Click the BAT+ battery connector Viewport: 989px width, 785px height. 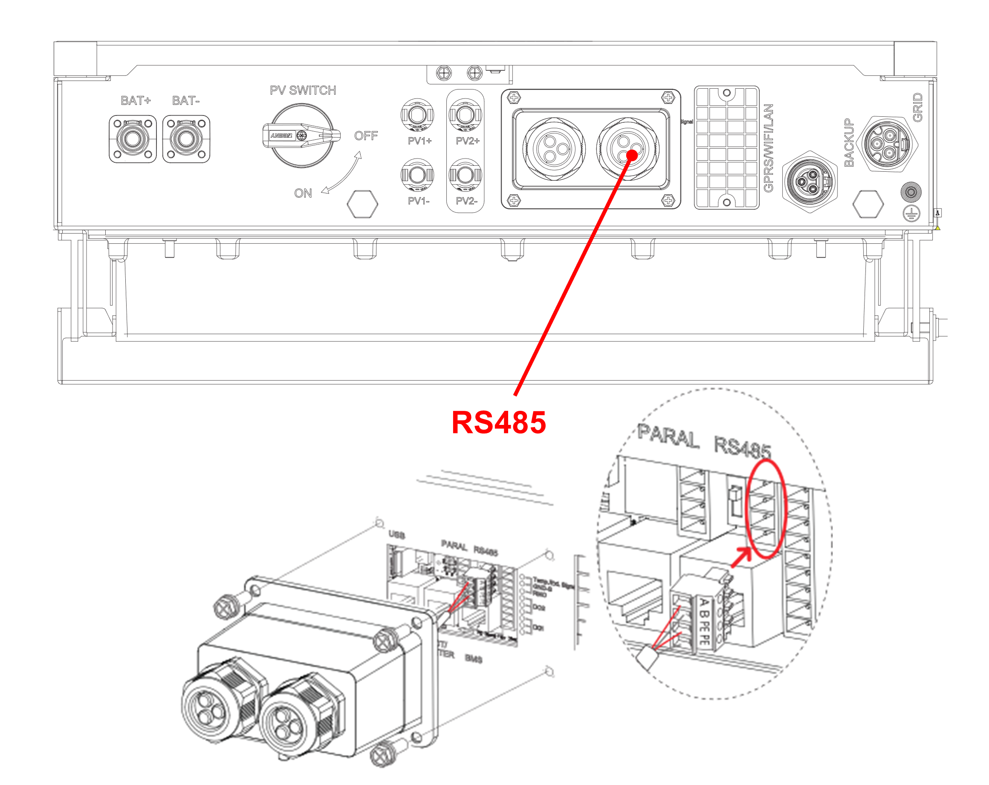tap(133, 139)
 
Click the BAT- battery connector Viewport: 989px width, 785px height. tap(186, 139)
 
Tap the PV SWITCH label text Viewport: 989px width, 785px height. tap(303, 90)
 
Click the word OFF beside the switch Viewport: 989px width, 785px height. tap(366, 136)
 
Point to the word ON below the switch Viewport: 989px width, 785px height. tap(303, 193)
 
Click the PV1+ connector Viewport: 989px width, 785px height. tap(417, 114)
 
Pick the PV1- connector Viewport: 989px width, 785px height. tap(417, 175)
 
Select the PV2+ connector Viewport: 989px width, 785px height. tap(465, 114)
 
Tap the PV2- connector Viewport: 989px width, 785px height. tap(465, 175)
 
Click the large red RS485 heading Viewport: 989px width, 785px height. tap(499, 422)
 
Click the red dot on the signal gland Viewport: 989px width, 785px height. tap(632, 155)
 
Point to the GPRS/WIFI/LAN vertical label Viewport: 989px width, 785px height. tap(768, 147)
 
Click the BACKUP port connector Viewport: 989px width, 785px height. tap(810, 182)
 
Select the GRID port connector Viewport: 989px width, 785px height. tap(888, 144)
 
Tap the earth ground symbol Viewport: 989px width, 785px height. tap(911, 213)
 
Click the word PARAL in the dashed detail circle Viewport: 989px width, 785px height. tap(668, 437)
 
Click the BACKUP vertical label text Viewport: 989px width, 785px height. tap(849, 143)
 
